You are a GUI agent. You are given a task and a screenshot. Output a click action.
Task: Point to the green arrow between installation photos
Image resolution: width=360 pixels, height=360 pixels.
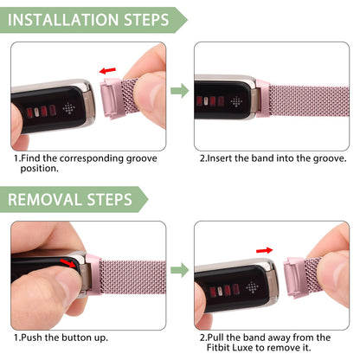(x=179, y=89)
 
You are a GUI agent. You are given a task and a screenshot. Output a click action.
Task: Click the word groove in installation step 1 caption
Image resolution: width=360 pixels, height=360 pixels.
(x=143, y=158)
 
